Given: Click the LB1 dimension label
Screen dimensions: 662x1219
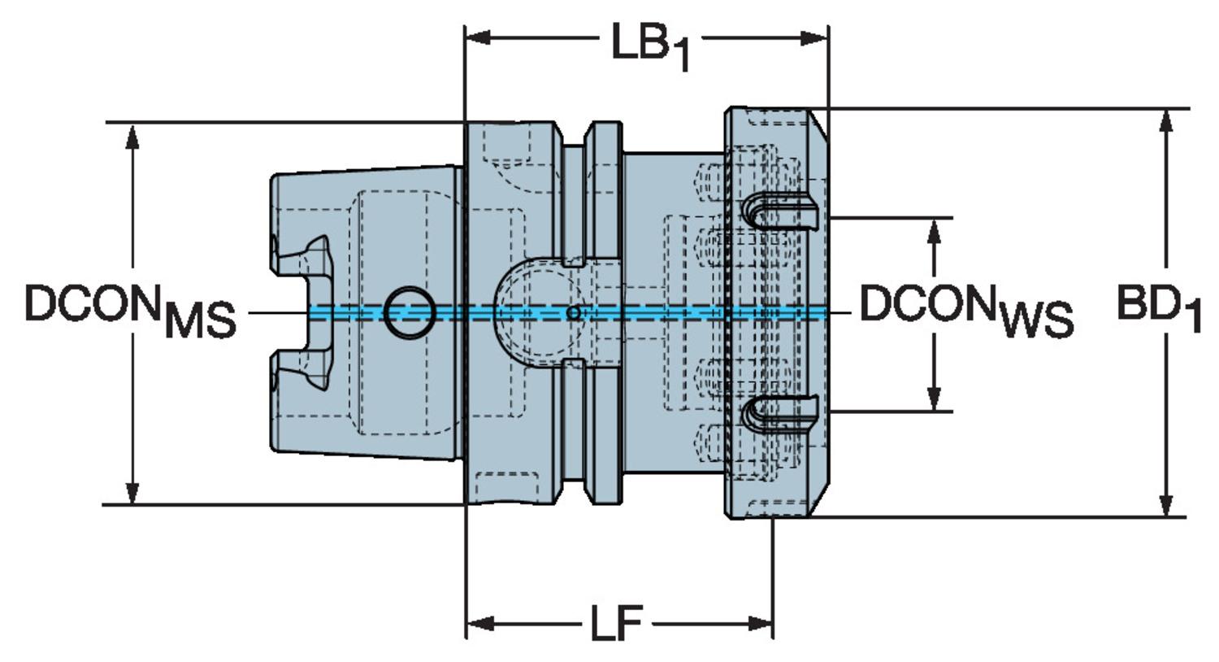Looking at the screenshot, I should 649,46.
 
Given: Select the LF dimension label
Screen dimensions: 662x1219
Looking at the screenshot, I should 615,625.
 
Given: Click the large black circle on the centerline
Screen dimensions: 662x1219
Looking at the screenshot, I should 409,311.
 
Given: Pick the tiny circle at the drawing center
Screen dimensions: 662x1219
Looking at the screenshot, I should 573,312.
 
